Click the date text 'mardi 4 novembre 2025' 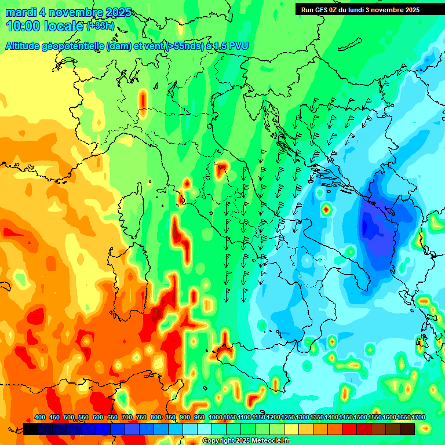[68, 12]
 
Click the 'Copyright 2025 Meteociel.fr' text [246, 440]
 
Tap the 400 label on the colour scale [40, 417]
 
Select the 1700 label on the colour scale [418, 417]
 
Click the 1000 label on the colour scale [215, 417]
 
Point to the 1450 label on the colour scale [345, 417]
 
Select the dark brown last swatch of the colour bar [407, 429]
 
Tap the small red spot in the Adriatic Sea [326, 209]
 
